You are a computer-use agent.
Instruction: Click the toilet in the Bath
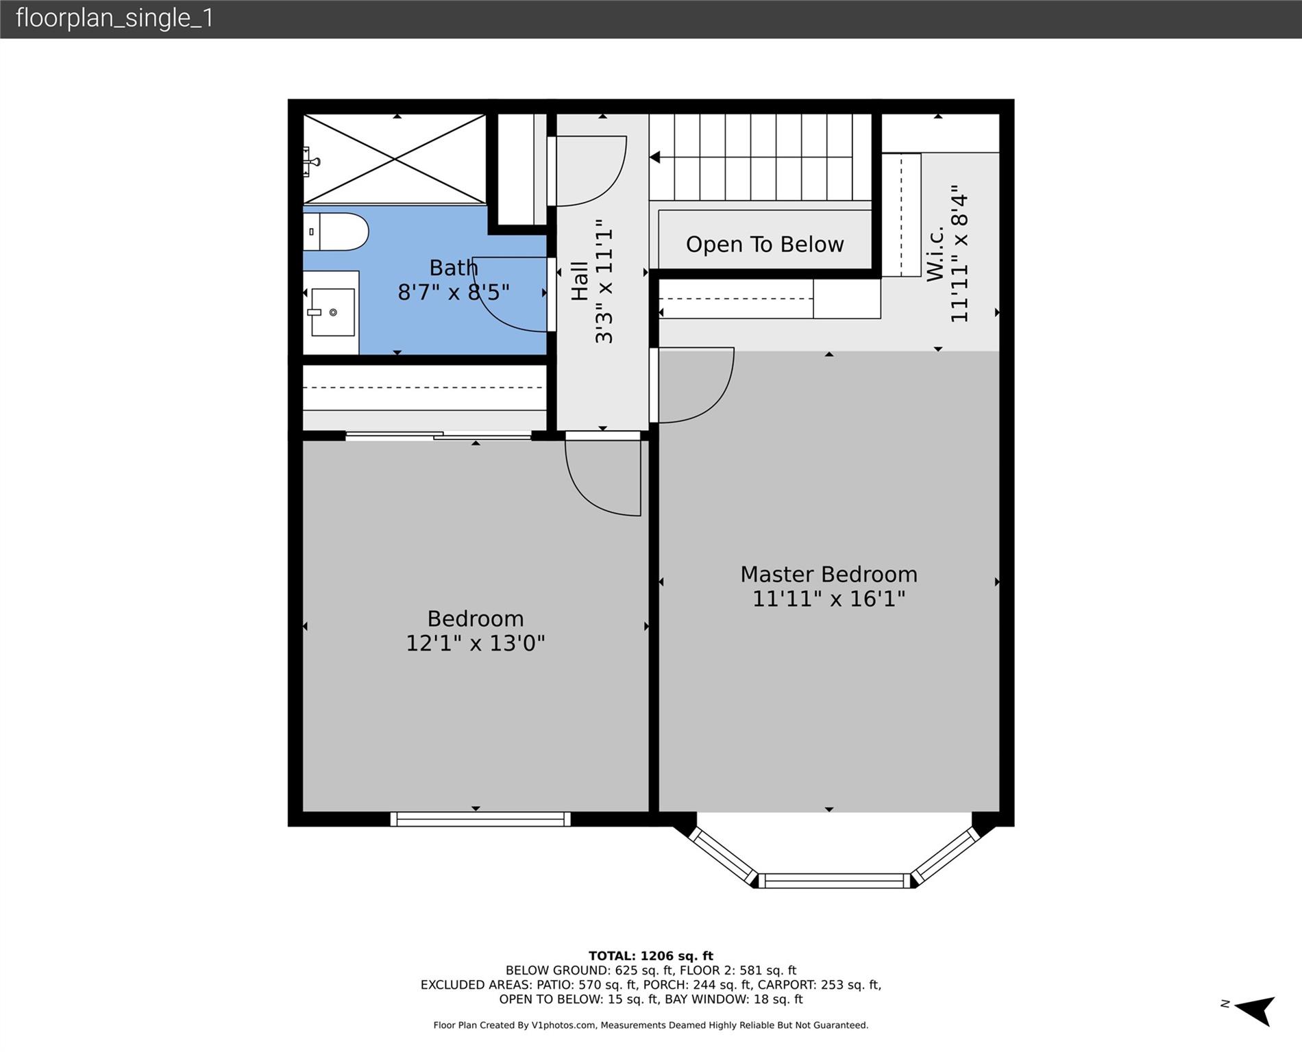pos(336,231)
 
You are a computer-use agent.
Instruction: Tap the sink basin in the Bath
pos(333,312)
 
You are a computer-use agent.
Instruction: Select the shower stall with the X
pos(395,159)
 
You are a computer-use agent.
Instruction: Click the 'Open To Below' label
pos(765,245)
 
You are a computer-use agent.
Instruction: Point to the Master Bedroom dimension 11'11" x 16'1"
pos(828,599)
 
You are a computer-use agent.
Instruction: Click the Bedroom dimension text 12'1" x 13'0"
pos(476,644)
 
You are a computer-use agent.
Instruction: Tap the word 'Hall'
pos(580,281)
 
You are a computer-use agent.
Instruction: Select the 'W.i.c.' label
pos(935,253)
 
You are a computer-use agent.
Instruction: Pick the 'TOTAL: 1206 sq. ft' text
pos(651,956)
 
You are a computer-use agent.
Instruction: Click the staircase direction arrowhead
pos(654,158)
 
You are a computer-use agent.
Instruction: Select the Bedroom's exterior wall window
pos(480,819)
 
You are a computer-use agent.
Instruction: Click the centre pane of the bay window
pos(835,881)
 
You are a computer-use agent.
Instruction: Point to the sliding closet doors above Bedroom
pos(439,435)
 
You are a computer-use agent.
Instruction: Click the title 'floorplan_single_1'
pos(114,18)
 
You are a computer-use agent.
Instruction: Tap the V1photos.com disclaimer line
pos(651,1025)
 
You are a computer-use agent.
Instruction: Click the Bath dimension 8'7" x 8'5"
pos(454,292)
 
